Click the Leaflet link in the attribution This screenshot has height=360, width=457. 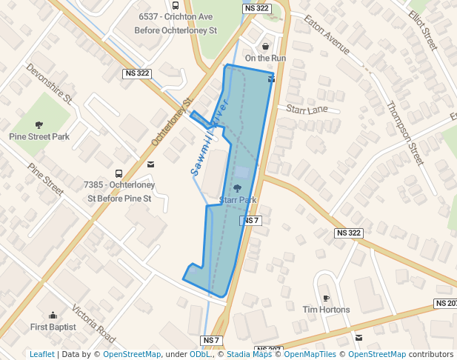[41, 354]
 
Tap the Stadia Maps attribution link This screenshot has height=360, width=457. [249, 354]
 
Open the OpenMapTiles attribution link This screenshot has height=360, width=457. [308, 354]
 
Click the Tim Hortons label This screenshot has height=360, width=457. [325, 309]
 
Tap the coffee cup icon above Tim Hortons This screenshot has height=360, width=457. [325, 297]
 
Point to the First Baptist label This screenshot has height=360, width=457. [53, 327]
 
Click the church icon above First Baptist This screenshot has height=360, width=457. [53, 315]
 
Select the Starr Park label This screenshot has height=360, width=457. [237, 200]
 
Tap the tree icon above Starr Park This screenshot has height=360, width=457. [237, 189]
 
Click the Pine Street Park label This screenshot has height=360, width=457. [39, 136]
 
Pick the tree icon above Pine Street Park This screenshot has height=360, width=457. [39, 124]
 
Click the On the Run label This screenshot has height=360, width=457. [265, 58]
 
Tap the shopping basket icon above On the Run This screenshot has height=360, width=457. [265, 46]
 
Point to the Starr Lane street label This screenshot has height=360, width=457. [307, 110]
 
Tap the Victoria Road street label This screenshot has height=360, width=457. [94, 324]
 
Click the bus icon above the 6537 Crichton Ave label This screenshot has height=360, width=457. [175, 4]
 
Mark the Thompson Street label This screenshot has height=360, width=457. [404, 133]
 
